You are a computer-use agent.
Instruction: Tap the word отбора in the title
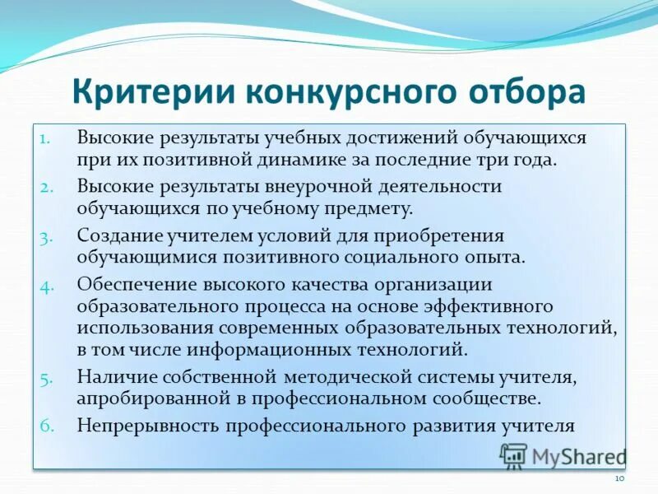(x=525, y=92)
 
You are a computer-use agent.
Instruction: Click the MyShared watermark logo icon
(x=514, y=455)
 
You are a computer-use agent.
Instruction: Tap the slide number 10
(x=620, y=478)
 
